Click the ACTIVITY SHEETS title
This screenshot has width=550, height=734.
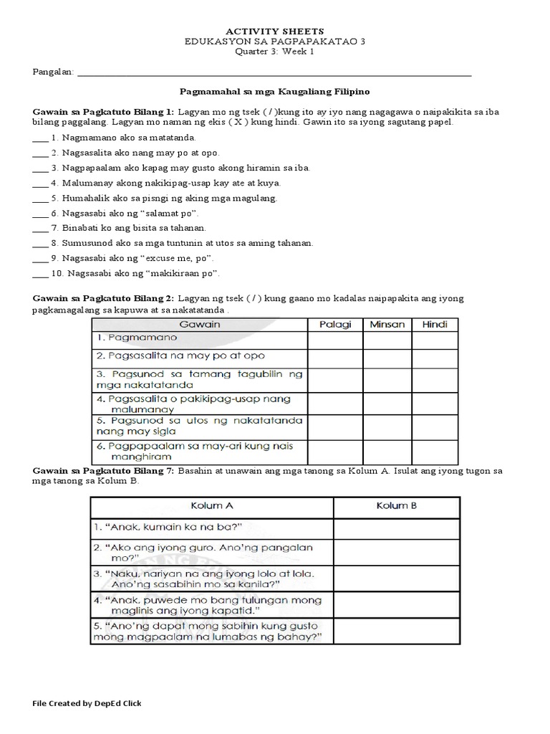coord(275,32)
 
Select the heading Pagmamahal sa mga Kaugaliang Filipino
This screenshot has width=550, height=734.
coord(275,92)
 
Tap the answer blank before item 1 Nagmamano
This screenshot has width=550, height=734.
coord(40,138)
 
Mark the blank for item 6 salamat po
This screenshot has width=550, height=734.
coord(40,214)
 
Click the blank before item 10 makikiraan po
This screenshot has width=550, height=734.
coord(40,274)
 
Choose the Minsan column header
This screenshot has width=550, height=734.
coord(387,325)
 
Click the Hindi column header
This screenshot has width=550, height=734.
coord(435,325)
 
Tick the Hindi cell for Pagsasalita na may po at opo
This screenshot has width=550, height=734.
coord(435,357)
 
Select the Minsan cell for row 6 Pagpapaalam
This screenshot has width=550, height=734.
coord(387,452)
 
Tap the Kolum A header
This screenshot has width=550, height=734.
coord(211,506)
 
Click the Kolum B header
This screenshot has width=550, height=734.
coord(396,506)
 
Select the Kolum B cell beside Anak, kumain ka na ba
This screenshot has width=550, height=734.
coord(396,529)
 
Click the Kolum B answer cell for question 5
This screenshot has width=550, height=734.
coord(396,631)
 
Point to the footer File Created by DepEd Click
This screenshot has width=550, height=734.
coord(87,703)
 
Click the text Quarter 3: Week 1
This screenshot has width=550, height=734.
coord(275,52)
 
